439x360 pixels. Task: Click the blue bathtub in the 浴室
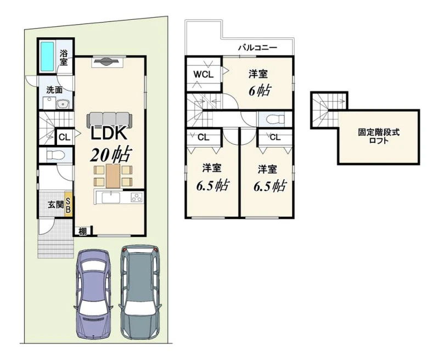click(47, 57)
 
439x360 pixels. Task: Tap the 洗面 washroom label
click(54, 90)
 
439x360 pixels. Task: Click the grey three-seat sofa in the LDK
click(109, 119)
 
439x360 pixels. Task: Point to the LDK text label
click(109, 133)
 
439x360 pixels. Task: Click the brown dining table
click(113, 176)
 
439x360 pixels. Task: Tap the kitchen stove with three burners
click(137, 197)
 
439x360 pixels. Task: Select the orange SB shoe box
click(68, 204)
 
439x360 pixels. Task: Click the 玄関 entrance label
click(55, 205)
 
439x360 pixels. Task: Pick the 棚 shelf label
click(82, 232)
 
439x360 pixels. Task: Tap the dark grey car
click(139, 292)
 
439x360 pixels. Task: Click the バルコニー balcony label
click(257, 48)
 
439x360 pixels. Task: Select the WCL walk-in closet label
click(204, 75)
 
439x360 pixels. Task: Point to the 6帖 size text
click(260, 91)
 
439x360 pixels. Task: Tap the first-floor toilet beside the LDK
click(56, 155)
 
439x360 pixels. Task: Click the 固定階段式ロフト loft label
click(379, 136)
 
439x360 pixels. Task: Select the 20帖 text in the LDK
click(111, 155)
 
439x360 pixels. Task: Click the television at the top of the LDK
click(107, 61)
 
